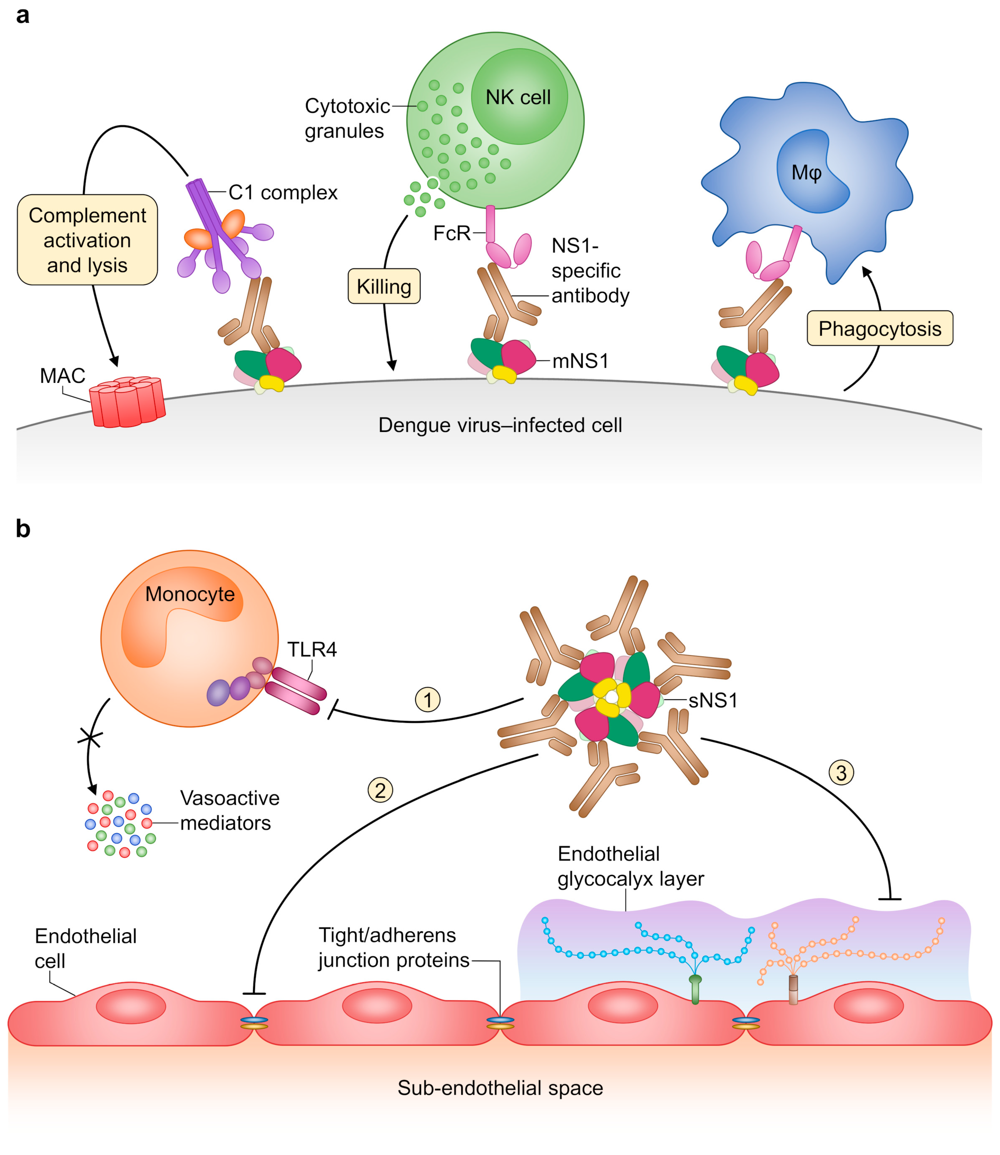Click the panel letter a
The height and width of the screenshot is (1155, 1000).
tap(22, 16)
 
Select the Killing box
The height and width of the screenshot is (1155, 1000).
tap(384, 287)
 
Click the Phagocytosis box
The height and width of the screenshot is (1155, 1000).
tap(880, 329)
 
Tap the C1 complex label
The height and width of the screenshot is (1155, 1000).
tap(283, 193)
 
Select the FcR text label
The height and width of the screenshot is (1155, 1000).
tap(452, 233)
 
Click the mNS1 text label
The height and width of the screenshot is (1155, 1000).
tap(580, 361)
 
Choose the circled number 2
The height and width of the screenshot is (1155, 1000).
tap(380, 790)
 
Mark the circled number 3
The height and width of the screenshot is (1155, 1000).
tap(842, 773)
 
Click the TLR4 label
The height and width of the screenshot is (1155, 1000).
tap(312, 650)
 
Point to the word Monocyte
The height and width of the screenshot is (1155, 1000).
tap(190, 594)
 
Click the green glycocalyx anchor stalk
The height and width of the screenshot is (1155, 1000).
tap(695, 990)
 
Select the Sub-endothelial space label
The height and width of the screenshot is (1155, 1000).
tap(500, 1088)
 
